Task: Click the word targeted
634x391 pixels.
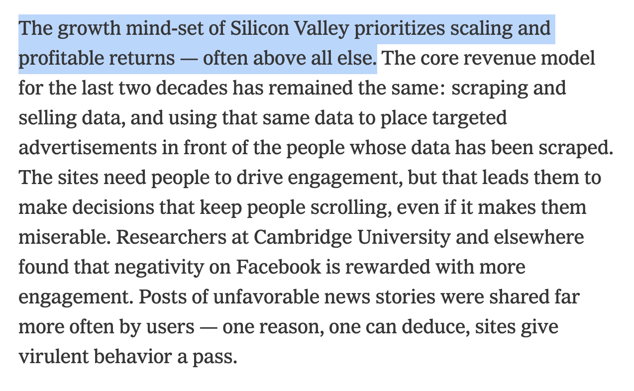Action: click(x=466, y=118)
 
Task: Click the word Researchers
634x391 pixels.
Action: click(x=168, y=237)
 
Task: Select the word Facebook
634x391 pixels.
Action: click(x=279, y=267)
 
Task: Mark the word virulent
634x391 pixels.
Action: click(x=54, y=357)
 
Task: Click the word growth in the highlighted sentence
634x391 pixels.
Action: click(x=90, y=28)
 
